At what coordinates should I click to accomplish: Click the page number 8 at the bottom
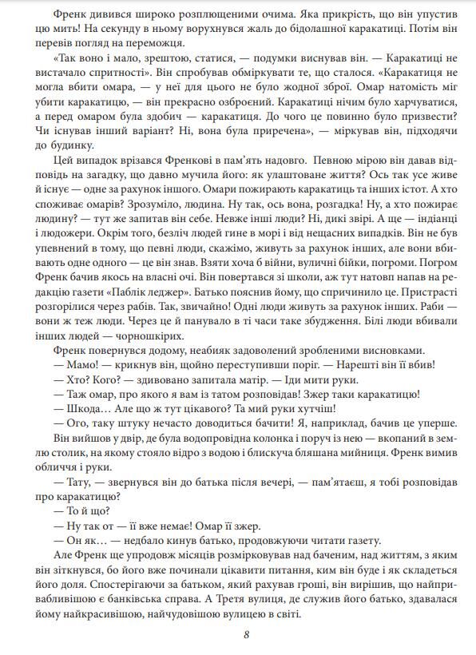(247, 635)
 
